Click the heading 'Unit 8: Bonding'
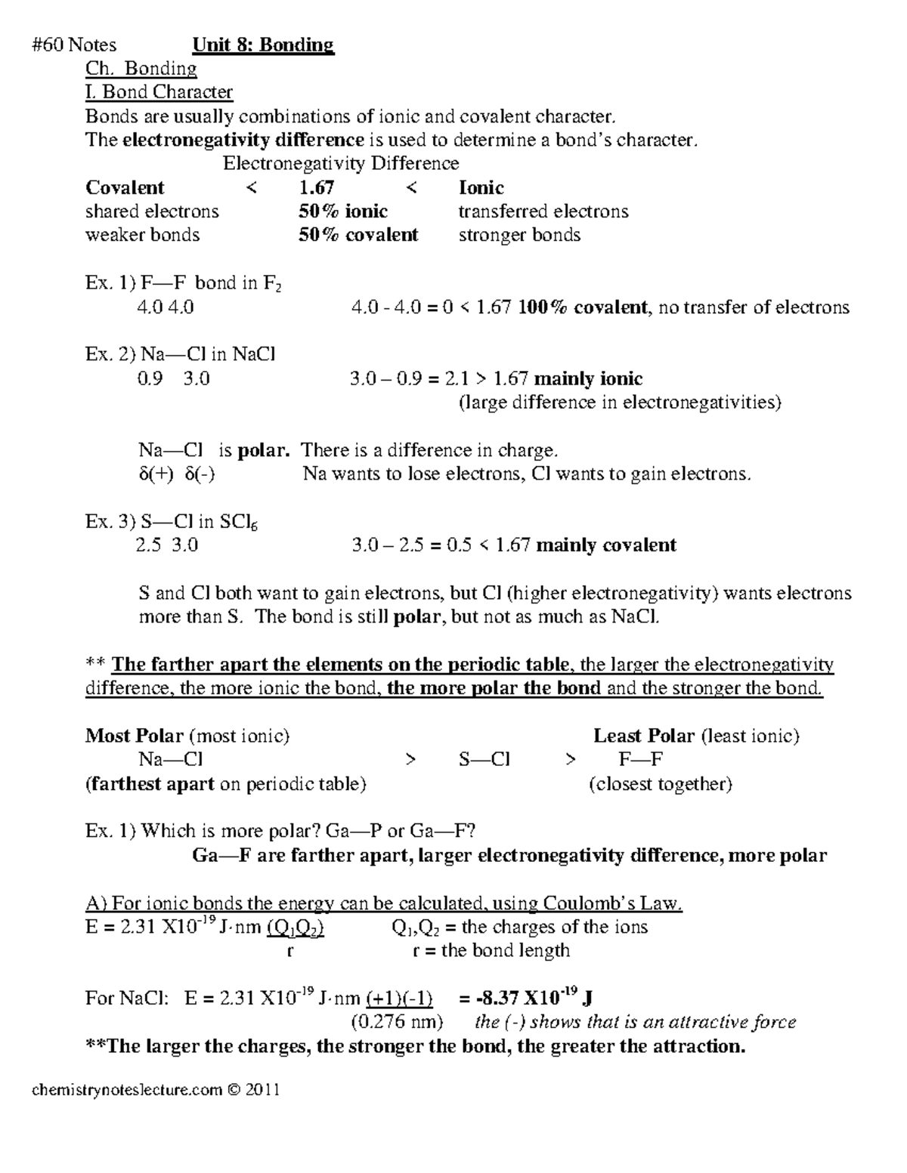coord(262,45)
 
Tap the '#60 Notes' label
coord(74,45)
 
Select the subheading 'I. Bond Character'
coord(159,92)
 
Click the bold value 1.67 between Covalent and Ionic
coord(317,187)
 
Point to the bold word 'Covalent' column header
coord(125,187)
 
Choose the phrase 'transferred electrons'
coord(543,211)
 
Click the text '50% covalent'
coord(358,235)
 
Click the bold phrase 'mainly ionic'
coord(588,378)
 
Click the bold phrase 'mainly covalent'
coord(605,545)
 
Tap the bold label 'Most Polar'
coord(134,736)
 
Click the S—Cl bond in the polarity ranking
coord(484,760)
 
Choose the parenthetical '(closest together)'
coord(660,784)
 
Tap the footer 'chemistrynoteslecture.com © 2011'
coord(156,1090)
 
